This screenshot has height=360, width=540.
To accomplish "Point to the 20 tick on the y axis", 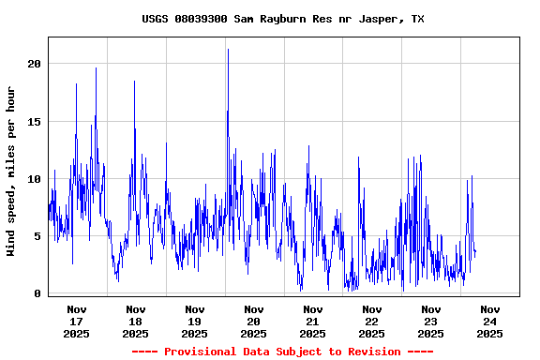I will (35, 64).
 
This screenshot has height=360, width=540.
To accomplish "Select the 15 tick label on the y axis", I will (35, 121).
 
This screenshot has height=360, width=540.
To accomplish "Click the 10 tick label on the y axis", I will (35, 179).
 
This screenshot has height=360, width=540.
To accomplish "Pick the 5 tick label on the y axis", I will (37, 236).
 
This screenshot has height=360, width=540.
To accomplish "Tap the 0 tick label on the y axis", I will (37, 293).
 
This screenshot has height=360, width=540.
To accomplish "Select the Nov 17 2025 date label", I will (77, 321).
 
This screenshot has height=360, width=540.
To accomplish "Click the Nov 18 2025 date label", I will (136, 321).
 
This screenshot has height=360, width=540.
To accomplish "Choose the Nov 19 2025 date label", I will (195, 321).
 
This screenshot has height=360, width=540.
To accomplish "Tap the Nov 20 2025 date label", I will (254, 321).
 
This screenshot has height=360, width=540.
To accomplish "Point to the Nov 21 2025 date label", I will (313, 321).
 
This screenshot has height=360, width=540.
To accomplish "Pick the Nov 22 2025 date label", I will (372, 321).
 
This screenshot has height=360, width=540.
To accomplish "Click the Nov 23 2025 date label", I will (431, 321).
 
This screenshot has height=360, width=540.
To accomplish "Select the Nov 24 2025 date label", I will (490, 321).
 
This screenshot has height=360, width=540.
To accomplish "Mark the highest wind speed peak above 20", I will (228, 50).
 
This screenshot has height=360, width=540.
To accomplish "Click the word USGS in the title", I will (155, 19).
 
